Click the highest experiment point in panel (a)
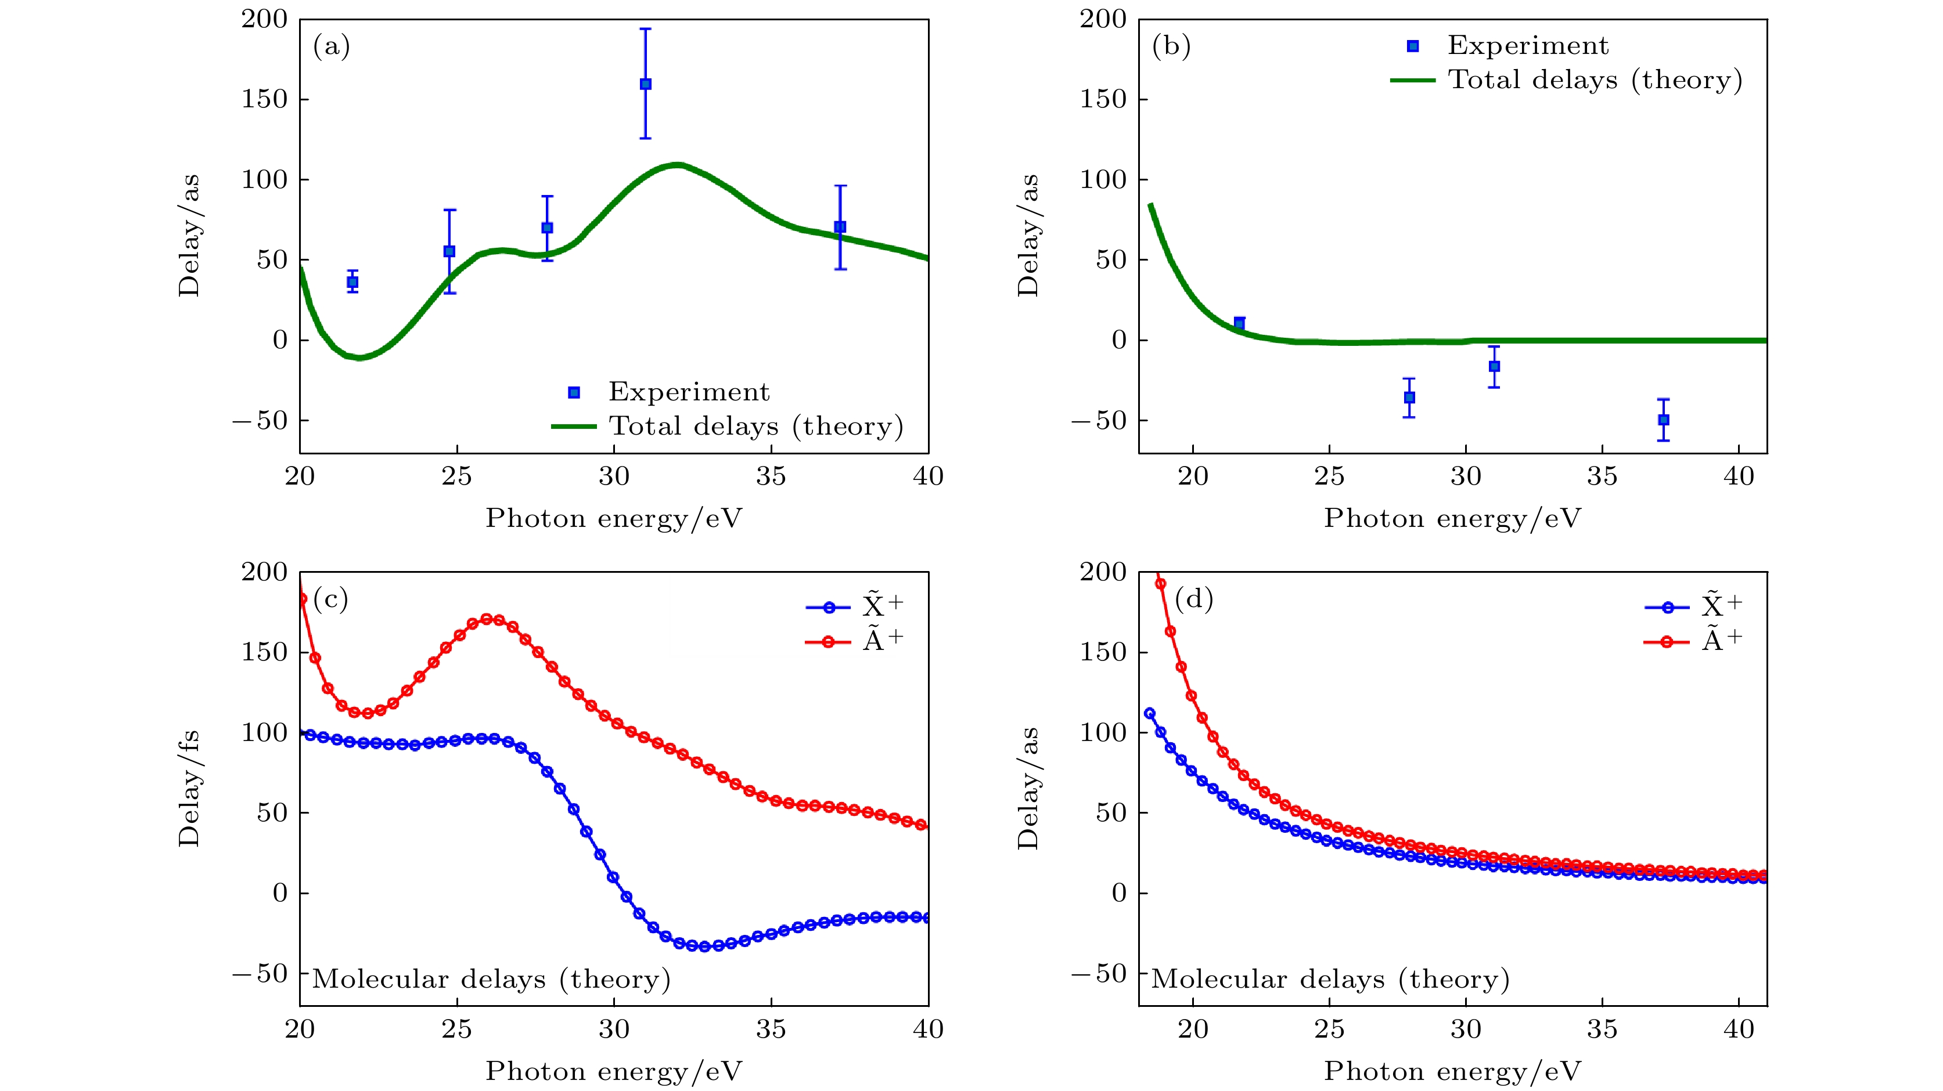pyautogui.click(x=646, y=84)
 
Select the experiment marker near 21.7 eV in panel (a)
pyautogui.click(x=352, y=282)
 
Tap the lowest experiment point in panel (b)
pyautogui.click(x=1663, y=420)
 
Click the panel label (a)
pyautogui.click(x=331, y=47)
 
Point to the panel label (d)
pyautogui.click(x=1194, y=599)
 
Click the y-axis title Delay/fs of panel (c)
pyautogui.click(x=189, y=788)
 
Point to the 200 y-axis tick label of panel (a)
pyautogui.click(x=265, y=20)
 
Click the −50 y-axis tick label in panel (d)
pyautogui.click(x=1098, y=973)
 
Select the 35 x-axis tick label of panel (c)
pyautogui.click(x=771, y=1029)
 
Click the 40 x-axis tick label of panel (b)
pyautogui.click(x=1739, y=476)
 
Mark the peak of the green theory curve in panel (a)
pyautogui.click(x=677, y=164)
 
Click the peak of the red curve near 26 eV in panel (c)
pyautogui.click(x=488, y=619)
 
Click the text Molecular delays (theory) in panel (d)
pyautogui.click(x=1330, y=980)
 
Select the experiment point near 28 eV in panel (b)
pyautogui.click(x=1409, y=398)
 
